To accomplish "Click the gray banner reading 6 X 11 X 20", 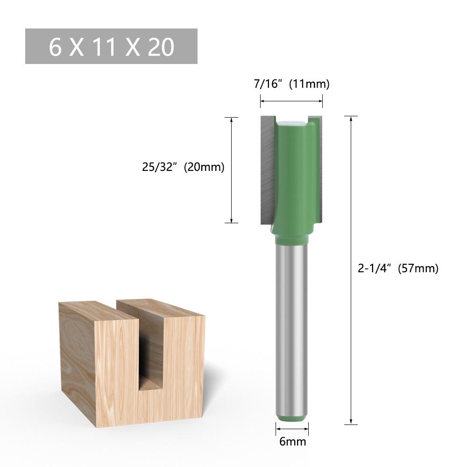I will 111,46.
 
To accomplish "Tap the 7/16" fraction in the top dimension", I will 269,84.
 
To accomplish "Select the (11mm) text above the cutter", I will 309,84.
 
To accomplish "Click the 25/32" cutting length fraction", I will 161,167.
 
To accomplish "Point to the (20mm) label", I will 204,167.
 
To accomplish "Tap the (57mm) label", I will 418,269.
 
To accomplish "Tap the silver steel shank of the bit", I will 292,327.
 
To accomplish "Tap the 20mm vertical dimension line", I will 232,196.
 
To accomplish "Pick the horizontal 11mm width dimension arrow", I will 291,100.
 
